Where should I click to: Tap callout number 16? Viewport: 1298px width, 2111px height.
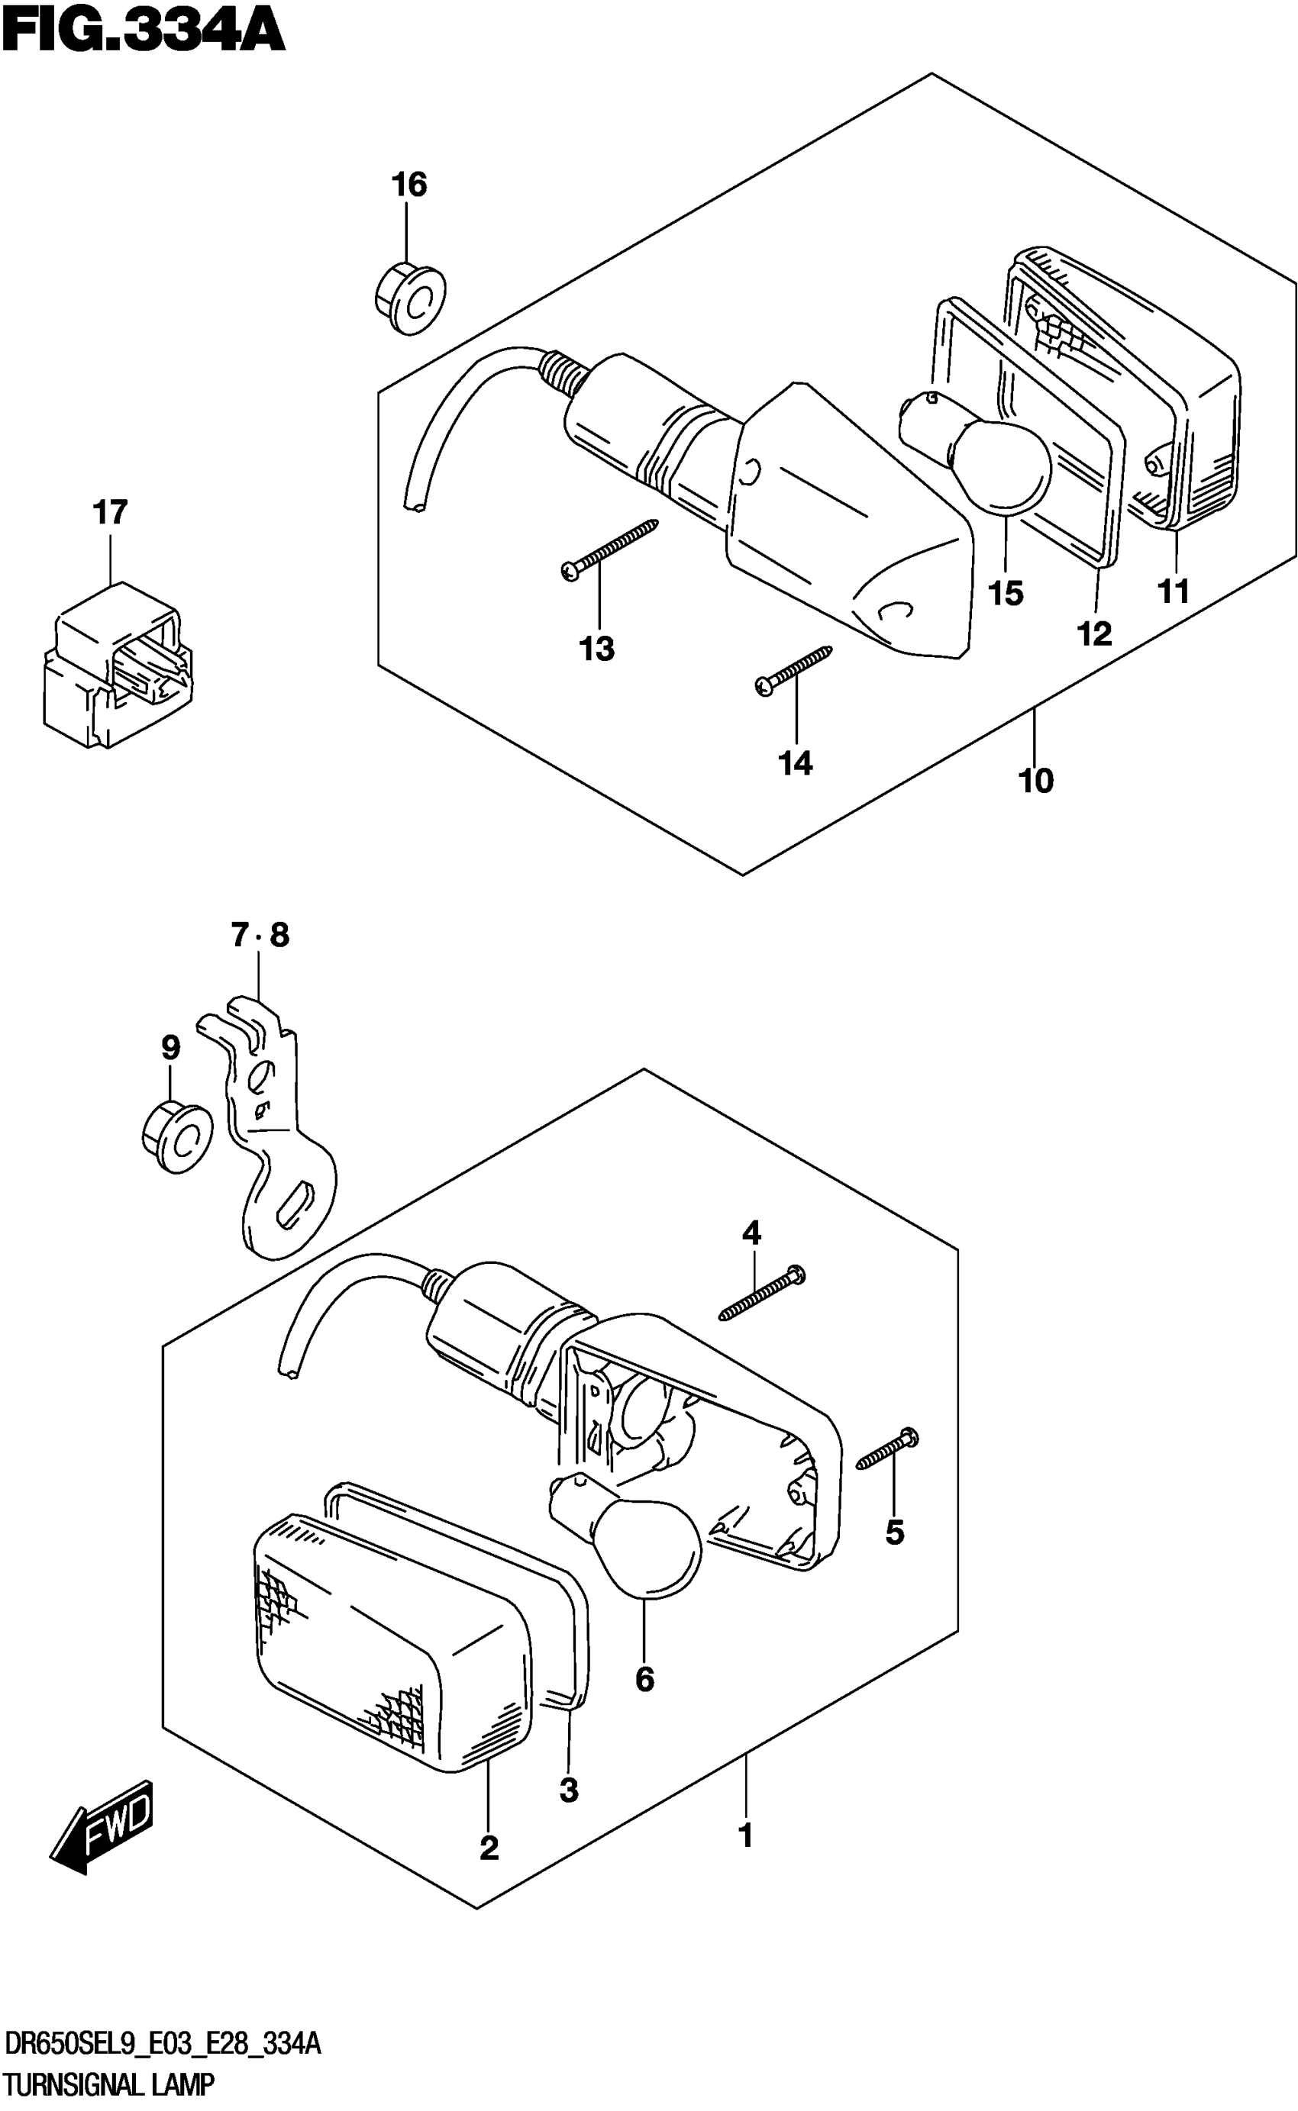pos(408,185)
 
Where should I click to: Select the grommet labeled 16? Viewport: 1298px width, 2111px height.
pos(410,301)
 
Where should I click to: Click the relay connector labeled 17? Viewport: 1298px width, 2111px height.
pos(117,665)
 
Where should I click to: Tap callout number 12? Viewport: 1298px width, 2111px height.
pos(1095,634)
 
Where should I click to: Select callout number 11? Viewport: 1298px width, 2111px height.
pos(1174,591)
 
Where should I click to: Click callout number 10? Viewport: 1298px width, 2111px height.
pos(1035,781)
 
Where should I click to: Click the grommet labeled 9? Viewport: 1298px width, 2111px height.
pos(177,1136)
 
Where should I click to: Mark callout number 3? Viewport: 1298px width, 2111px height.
pos(568,1789)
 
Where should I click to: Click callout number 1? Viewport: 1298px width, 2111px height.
pos(745,1835)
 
